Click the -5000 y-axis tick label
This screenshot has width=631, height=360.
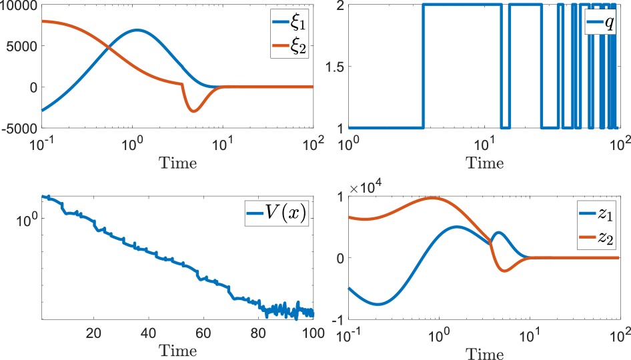[19, 128]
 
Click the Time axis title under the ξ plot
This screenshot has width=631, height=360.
[177, 163]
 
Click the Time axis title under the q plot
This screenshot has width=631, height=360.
[484, 163]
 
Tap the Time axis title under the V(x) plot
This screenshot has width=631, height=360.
[177, 351]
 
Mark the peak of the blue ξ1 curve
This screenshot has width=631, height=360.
[137, 30]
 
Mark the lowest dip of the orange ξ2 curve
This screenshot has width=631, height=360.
[193, 111]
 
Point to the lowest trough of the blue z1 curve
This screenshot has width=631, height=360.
[378, 304]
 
